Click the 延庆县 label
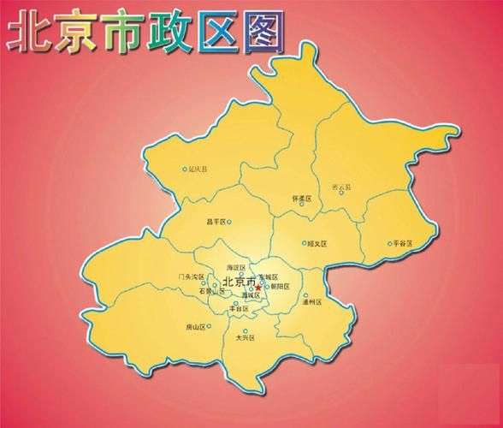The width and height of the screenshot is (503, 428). pos(201,169)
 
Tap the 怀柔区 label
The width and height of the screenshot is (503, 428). pos(303,199)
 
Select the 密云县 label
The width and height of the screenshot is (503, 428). pos(341,187)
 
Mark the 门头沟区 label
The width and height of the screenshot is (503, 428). pos(191,276)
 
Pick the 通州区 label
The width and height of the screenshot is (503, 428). pos(311,302)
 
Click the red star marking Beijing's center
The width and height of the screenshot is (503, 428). pos(258,287)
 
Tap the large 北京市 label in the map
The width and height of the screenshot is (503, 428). pos(239,282)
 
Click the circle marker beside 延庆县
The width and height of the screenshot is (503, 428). pos(185,169)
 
